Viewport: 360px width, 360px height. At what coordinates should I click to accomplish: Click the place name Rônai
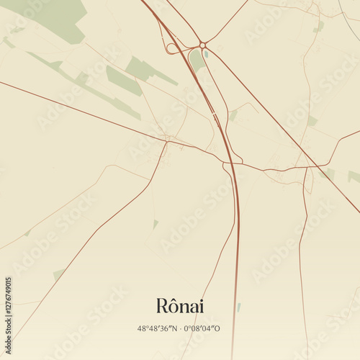point(180,306)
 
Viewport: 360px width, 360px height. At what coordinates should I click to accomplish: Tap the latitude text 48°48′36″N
point(159,328)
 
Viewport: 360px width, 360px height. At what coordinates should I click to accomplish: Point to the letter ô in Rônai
point(173,305)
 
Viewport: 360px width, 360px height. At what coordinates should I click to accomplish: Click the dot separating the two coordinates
point(181,328)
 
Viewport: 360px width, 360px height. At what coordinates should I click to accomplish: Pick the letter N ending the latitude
point(175,328)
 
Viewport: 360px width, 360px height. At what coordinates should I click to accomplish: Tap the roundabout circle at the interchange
point(204,45)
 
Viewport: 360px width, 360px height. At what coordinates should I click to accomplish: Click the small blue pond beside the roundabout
point(206,54)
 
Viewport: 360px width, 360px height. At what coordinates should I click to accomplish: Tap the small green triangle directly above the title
point(155,224)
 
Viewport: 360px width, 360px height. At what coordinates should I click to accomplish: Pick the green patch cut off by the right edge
point(354,176)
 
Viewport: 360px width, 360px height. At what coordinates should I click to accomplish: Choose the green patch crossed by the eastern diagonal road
point(328,174)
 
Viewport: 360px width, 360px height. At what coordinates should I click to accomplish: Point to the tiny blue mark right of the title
point(238,307)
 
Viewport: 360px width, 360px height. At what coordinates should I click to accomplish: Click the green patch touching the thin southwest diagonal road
point(58,274)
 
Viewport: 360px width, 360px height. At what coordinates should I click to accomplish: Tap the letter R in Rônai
point(161,306)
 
